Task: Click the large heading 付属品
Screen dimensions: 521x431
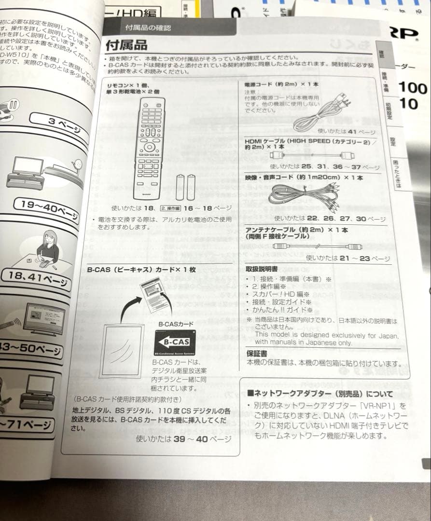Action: [126, 45]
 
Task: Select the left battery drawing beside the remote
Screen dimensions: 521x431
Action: [180, 187]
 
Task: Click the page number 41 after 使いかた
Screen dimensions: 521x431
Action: [352, 131]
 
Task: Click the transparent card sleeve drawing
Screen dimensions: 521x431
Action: [122, 349]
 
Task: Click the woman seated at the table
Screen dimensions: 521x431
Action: [47, 248]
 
